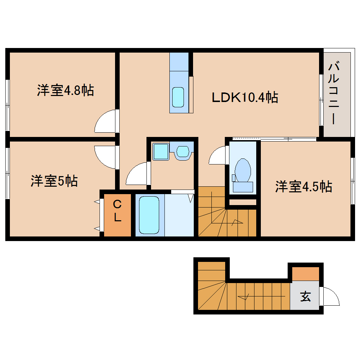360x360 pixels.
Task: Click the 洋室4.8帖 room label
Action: tap(65, 91)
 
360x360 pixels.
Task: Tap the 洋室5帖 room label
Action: tap(54, 181)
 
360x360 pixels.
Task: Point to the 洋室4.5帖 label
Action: tap(304, 186)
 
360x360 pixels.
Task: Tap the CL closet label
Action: tap(117, 211)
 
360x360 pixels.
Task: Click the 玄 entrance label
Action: tap(305, 296)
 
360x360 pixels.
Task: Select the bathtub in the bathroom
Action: tap(149, 215)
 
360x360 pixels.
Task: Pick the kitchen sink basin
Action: tap(178, 97)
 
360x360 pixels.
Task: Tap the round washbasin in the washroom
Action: tap(183, 151)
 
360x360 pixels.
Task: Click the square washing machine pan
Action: tap(161, 151)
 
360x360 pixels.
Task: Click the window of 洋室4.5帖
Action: tap(352, 180)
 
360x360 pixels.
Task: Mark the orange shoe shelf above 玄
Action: tap(306, 274)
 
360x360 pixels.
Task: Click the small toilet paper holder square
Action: tap(233, 177)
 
